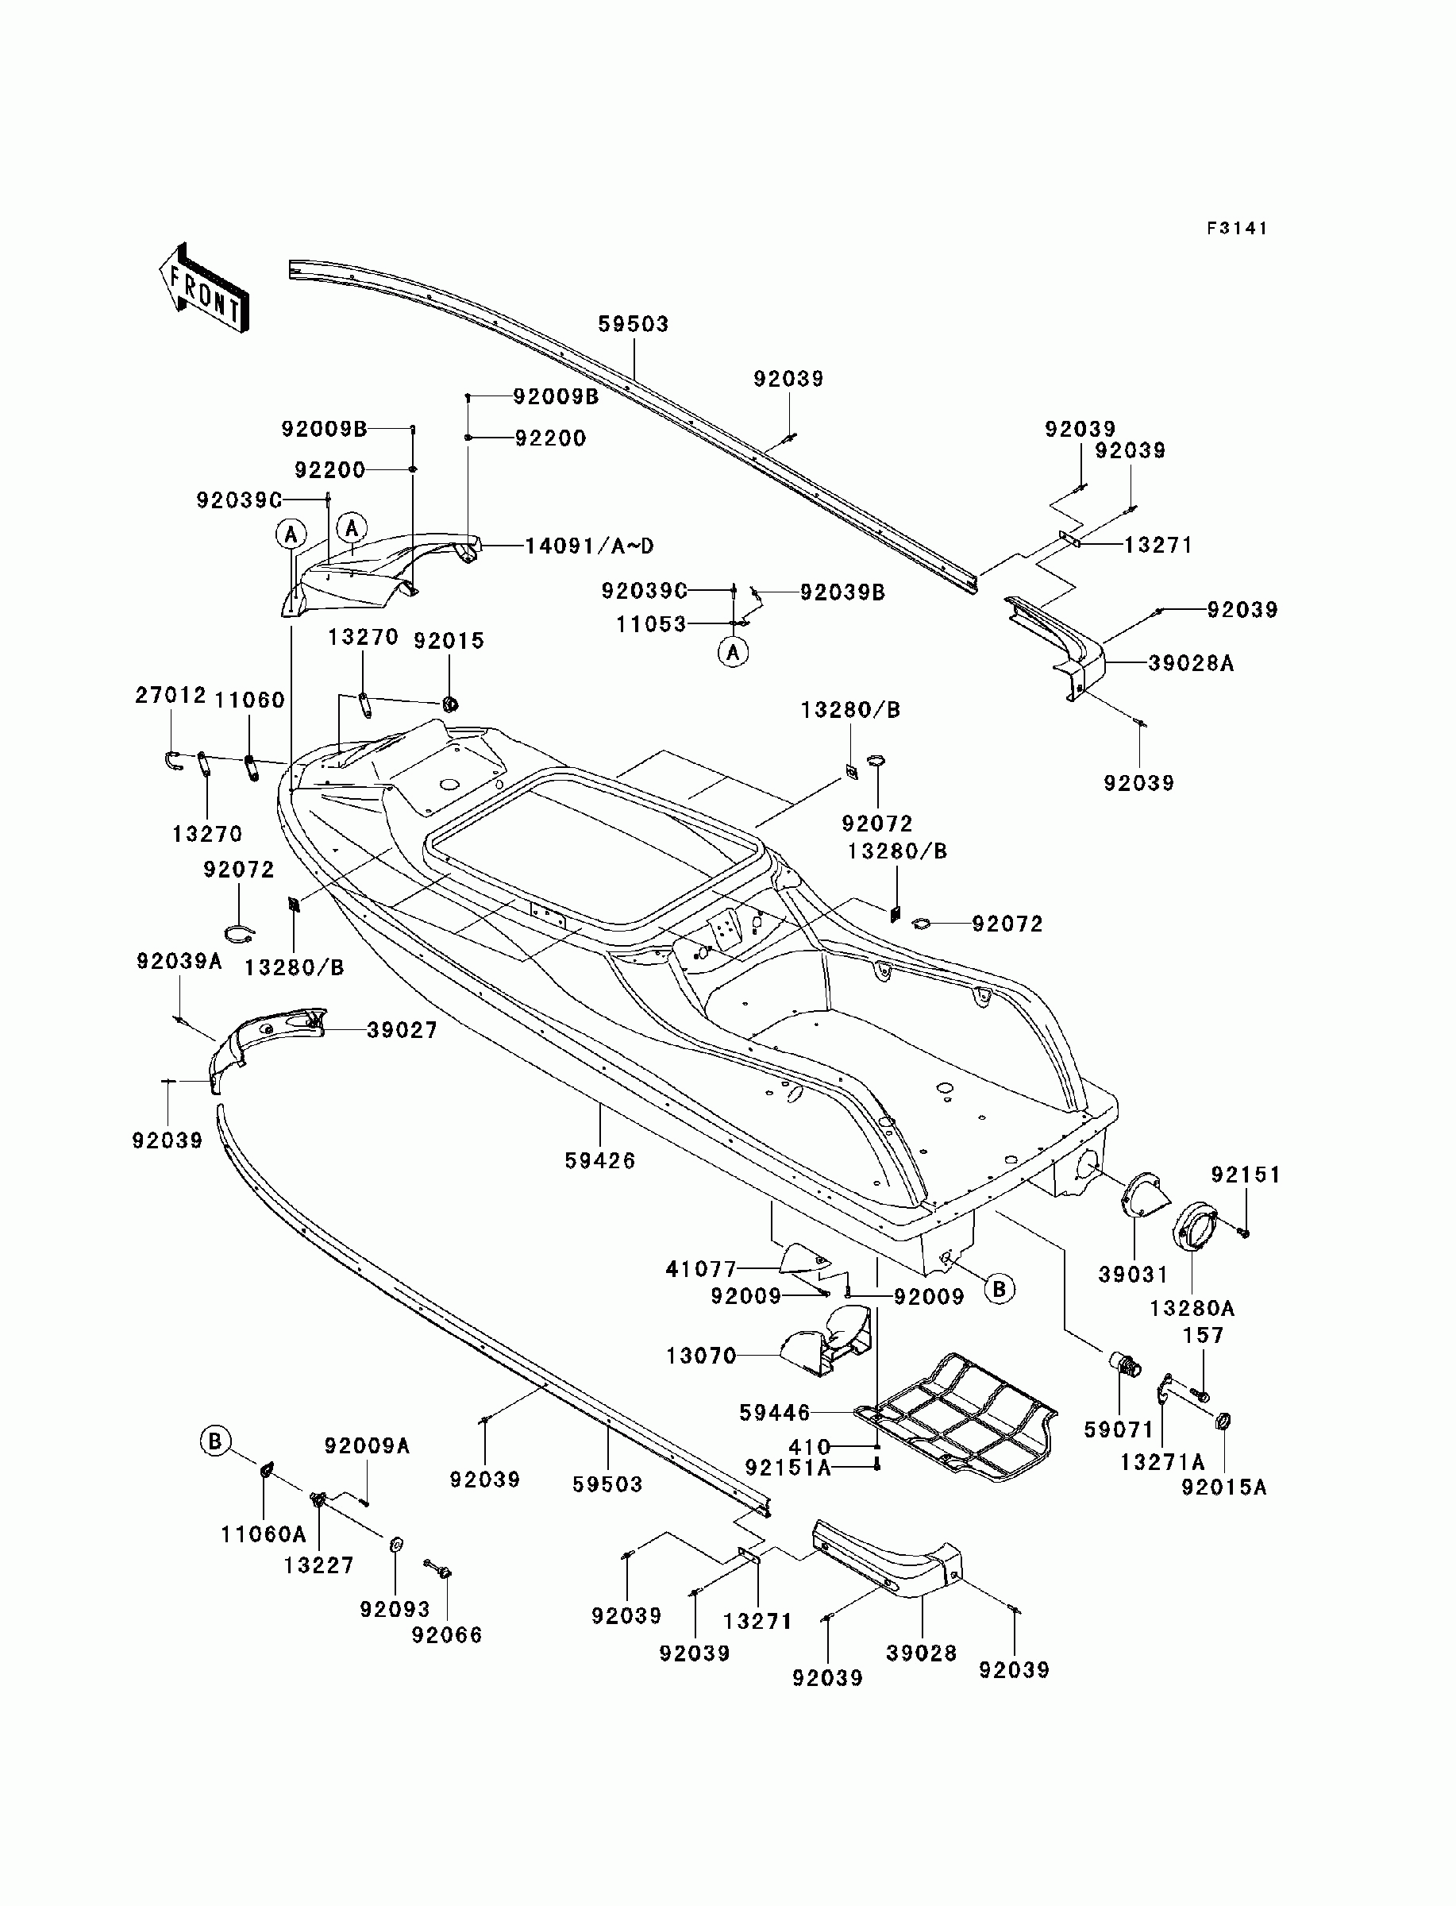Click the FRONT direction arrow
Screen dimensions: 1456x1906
pos(204,287)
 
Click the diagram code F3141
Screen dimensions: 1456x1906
pos(1237,228)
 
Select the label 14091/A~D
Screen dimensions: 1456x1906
pos(589,546)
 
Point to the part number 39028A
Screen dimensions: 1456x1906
pos(1191,663)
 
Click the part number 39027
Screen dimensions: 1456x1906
pos(403,1030)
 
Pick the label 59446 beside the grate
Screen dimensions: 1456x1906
pos(775,1413)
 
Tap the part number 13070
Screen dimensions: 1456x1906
pos(701,1355)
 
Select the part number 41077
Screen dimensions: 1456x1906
pos(701,1269)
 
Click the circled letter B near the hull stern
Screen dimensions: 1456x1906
pos(1000,1289)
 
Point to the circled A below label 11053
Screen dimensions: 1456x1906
pos(734,652)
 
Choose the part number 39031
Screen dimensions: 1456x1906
pos(1134,1274)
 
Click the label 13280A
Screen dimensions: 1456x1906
pos(1192,1308)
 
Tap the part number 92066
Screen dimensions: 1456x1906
pos(447,1634)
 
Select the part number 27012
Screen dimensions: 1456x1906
pos(171,695)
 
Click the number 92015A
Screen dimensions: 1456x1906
pos(1223,1487)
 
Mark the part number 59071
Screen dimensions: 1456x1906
pos(1119,1429)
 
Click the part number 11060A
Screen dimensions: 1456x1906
pos(264,1534)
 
